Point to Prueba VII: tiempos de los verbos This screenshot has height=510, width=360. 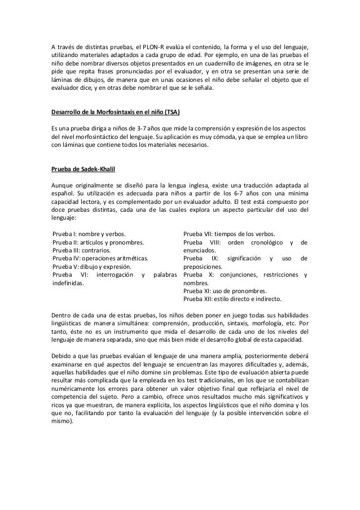click(x=230, y=233)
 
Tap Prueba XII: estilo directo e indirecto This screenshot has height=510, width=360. click(x=233, y=299)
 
